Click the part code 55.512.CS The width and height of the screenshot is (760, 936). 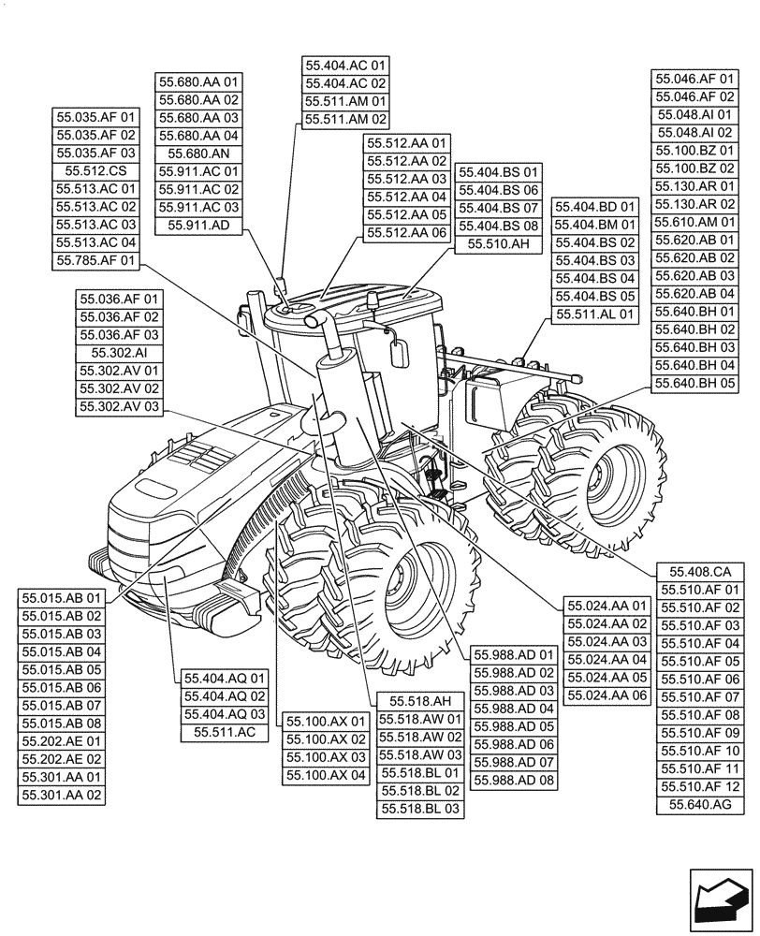click(x=96, y=171)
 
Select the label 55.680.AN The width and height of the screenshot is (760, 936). click(x=198, y=154)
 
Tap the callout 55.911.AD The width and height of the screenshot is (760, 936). click(x=198, y=225)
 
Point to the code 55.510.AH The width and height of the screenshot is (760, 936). click(x=500, y=243)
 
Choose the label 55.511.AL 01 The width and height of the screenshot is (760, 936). click(x=595, y=314)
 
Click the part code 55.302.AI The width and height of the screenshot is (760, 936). click(x=119, y=353)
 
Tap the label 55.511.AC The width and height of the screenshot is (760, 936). click(x=225, y=732)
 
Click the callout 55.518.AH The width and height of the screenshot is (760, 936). click(x=420, y=701)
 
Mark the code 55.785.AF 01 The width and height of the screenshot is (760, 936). click(x=96, y=260)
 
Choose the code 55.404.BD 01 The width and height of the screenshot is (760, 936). click(x=595, y=207)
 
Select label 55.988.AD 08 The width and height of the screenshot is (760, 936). click(x=514, y=780)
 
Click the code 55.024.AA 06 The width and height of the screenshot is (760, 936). click(x=607, y=695)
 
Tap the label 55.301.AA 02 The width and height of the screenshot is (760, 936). click(x=63, y=795)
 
